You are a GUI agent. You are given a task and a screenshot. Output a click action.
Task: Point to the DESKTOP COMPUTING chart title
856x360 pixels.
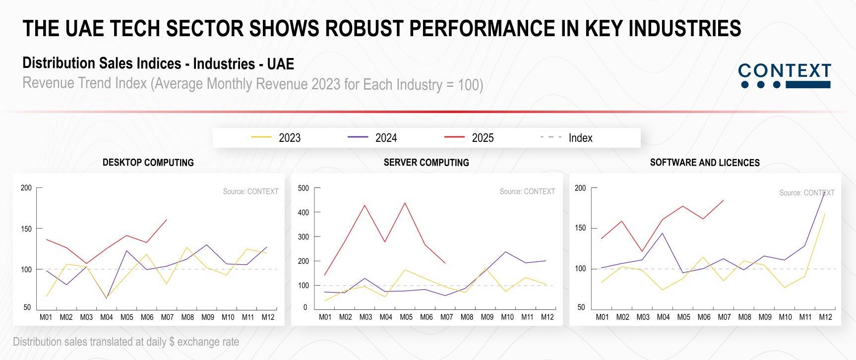(x=148, y=163)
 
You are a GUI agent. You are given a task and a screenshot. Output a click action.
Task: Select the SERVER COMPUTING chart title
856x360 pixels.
(x=426, y=163)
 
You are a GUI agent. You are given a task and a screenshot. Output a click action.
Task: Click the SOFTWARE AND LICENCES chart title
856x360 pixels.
(x=705, y=163)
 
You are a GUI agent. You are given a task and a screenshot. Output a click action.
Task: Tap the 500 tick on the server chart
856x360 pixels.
(x=303, y=188)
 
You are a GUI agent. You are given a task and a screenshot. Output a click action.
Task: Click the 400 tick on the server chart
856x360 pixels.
(x=303, y=213)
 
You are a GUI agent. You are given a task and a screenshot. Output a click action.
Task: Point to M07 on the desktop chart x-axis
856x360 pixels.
(x=167, y=317)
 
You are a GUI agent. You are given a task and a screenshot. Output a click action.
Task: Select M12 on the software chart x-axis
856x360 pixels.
(x=825, y=317)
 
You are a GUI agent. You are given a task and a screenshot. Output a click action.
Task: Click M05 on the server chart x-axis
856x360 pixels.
(x=406, y=317)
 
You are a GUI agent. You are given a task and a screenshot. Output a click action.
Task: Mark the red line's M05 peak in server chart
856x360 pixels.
(x=406, y=203)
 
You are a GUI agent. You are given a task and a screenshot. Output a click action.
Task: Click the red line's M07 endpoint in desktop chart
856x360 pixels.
(x=167, y=220)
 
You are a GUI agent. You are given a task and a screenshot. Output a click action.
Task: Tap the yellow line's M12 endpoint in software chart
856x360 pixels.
(x=825, y=214)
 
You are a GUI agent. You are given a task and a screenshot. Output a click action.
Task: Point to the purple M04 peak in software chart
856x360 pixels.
(x=663, y=233)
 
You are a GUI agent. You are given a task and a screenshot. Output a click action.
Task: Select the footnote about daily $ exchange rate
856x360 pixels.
(x=126, y=342)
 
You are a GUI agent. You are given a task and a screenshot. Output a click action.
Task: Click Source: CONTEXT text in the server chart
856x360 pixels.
(x=527, y=191)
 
